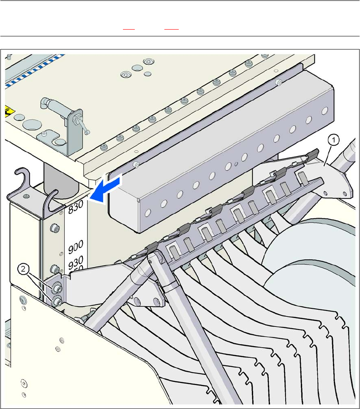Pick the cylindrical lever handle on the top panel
click(53, 104)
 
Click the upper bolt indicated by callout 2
click(55, 288)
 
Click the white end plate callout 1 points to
click(334, 178)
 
